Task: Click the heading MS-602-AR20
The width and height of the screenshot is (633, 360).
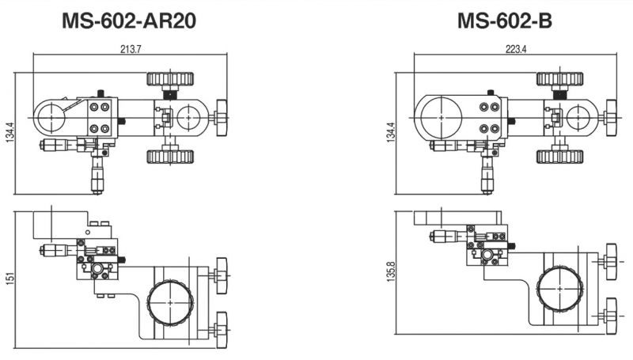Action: coord(129,21)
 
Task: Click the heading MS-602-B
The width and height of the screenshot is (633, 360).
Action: coord(505,21)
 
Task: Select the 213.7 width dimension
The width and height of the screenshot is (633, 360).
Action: coord(129,49)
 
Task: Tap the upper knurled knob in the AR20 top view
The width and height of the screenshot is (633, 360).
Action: coord(171,79)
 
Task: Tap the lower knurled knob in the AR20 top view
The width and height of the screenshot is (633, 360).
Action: coord(171,157)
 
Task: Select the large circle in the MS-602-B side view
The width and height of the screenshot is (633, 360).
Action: coord(559,290)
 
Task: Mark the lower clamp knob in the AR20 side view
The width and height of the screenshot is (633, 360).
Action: coord(221,321)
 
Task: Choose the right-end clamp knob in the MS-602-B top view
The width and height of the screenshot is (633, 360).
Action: coord(612,118)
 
